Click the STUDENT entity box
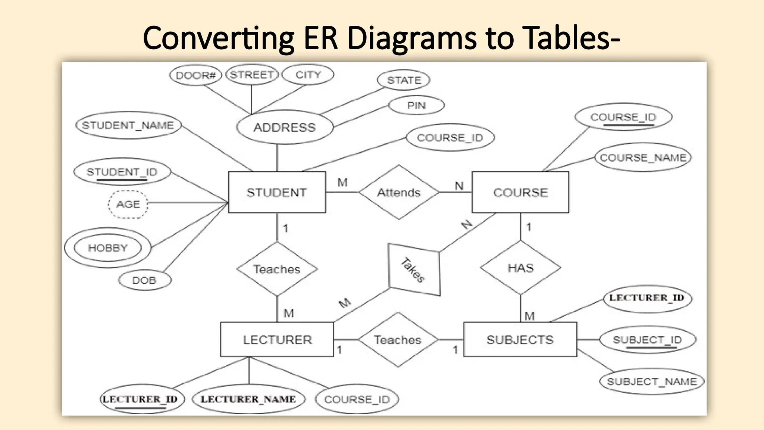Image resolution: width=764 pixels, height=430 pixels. tap(277, 192)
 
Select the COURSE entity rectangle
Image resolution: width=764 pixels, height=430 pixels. tap(520, 192)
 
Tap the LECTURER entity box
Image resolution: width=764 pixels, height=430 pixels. tap(277, 340)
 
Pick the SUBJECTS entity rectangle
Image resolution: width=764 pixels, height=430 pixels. tap(520, 340)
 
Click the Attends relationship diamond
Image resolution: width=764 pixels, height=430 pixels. tap(399, 192)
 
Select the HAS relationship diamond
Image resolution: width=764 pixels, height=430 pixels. tap(520, 268)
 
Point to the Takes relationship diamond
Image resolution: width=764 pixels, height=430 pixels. tap(414, 269)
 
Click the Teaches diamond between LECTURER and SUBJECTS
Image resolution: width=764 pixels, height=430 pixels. tap(398, 340)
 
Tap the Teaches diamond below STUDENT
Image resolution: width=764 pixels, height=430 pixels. tap(277, 269)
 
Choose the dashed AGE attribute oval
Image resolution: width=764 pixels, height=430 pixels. tap(128, 204)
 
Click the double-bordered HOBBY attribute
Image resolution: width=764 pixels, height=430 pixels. tap(108, 248)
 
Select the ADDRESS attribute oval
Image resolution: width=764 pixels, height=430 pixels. tap(285, 127)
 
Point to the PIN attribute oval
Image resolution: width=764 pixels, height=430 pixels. tap(416, 106)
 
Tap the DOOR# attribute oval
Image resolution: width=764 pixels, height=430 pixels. tap(195, 75)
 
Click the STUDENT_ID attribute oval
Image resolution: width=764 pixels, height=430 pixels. tap(122, 172)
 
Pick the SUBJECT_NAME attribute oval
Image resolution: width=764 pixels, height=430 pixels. tap(652, 381)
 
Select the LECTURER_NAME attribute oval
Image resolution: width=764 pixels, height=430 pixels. tap(248, 399)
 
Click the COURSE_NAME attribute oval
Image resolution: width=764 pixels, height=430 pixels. tap(643, 157)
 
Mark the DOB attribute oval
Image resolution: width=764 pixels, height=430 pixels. tap(144, 280)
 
